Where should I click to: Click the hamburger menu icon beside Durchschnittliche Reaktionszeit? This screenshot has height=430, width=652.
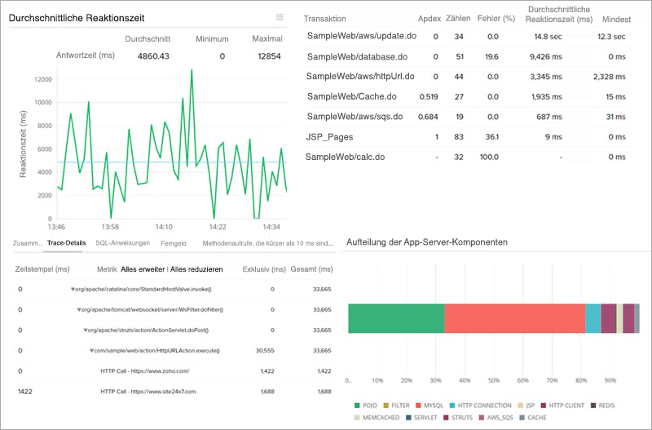[280, 17]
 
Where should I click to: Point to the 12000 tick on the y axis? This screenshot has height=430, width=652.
[42, 79]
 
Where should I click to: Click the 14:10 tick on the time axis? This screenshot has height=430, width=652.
[164, 227]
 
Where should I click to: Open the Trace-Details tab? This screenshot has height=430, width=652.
[66, 243]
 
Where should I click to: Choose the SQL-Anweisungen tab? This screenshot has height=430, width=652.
[122, 243]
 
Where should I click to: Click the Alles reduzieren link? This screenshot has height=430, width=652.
[201, 268]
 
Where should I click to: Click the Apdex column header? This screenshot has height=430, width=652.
[429, 19]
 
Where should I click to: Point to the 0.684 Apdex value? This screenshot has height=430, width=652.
[428, 117]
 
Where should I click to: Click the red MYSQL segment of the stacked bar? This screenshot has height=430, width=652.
[514, 318]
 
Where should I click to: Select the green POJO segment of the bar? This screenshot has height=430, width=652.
[396, 318]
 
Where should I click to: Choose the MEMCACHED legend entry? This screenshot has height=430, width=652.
[377, 418]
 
